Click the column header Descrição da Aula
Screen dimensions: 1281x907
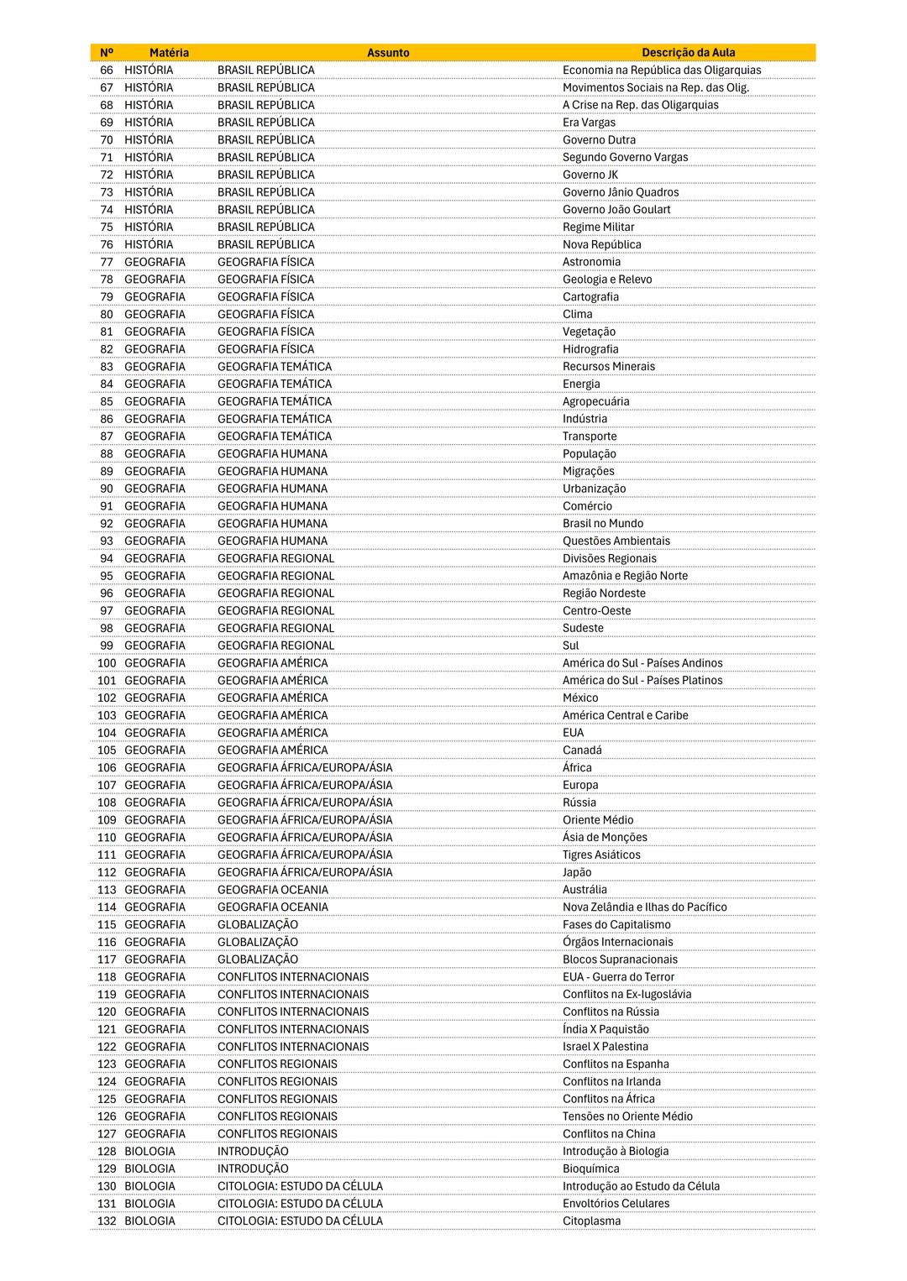688,53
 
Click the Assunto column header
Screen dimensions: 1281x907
388,53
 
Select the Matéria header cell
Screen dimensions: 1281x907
169,53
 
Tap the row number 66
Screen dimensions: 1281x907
107,71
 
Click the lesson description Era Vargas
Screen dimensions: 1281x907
589,123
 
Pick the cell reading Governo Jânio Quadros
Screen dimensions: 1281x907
621,192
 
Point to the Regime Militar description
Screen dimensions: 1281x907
598,227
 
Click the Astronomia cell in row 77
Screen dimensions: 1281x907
591,262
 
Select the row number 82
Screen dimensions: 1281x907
107,349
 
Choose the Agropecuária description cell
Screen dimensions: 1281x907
595,401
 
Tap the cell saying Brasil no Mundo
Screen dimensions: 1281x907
603,524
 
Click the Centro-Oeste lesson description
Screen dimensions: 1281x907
596,611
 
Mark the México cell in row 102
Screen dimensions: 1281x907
580,698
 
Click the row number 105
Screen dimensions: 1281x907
107,750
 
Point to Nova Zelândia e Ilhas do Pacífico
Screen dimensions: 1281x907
644,907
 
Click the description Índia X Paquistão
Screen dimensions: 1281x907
606,1029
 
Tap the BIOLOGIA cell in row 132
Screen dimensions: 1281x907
150,1221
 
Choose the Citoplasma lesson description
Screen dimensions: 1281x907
591,1221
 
